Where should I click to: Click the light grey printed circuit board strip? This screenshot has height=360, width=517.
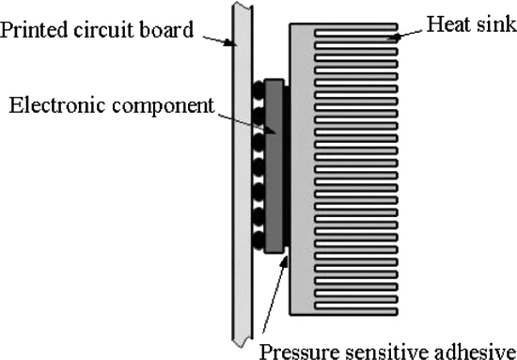239,282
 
